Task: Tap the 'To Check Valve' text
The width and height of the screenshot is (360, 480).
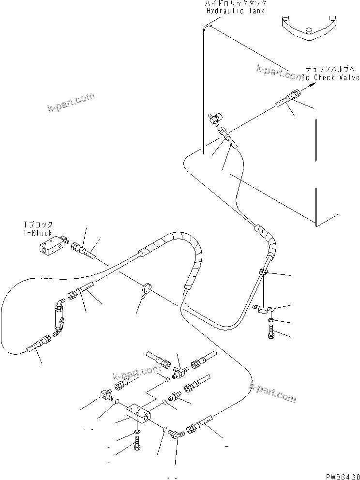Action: pyautogui.click(x=331, y=77)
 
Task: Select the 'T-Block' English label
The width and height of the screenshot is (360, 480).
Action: pyautogui.click(x=38, y=233)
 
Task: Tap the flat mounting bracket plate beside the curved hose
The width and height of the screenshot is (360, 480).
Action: pyautogui.click(x=264, y=308)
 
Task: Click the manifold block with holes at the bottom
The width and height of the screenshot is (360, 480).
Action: pyautogui.click(x=138, y=413)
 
